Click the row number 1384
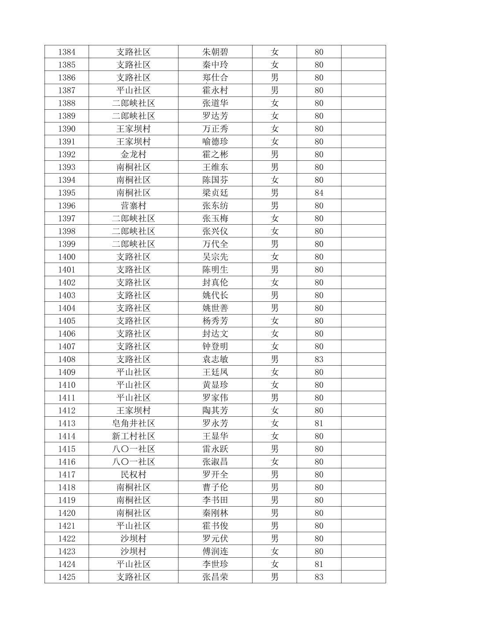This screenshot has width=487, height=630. [67, 52]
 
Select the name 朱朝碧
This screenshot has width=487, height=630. [215, 52]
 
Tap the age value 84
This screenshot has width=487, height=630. [319, 193]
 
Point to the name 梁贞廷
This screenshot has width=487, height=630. [215, 193]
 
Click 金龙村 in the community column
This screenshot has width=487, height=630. [133, 155]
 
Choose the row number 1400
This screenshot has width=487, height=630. [67, 257]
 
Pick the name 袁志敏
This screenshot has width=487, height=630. [215, 359]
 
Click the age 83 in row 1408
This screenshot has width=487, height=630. [319, 359]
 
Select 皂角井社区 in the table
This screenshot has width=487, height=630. [133, 423]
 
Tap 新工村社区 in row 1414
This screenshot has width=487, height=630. [133, 436]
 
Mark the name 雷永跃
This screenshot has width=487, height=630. [215, 449]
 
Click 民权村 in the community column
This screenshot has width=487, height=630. [133, 474]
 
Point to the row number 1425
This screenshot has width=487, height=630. [67, 577]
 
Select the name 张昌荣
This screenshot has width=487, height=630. [215, 577]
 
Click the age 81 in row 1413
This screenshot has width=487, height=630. [319, 423]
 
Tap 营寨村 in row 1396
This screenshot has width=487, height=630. [133, 206]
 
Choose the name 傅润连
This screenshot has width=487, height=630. [215, 552]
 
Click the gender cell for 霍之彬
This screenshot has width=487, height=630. [274, 155]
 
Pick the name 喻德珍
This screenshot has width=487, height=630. [215, 142]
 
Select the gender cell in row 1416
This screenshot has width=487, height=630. [274, 462]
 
